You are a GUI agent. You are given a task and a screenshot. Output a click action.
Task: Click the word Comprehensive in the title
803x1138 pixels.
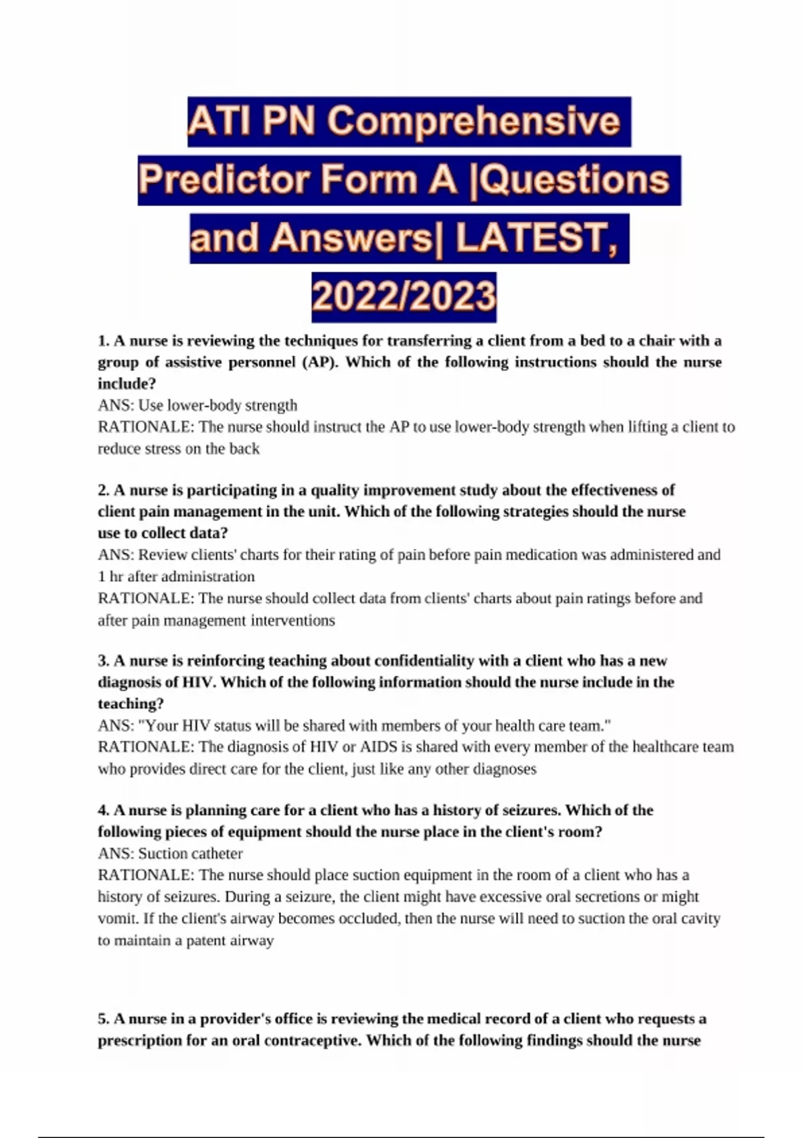pos(474,122)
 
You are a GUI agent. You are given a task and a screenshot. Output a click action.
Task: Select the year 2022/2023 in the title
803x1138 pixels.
pos(404,297)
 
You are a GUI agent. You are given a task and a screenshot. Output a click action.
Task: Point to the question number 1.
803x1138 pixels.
pos(103,341)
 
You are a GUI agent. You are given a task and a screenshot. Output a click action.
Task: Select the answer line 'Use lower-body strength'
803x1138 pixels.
pos(217,406)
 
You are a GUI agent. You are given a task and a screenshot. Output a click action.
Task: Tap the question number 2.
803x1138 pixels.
pos(103,490)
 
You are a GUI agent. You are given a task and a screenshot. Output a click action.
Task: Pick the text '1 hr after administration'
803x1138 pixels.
pos(176,576)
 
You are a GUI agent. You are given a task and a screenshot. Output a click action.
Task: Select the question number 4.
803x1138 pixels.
pos(103,810)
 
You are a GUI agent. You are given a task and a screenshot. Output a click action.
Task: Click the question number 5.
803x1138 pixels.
pos(103,1019)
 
